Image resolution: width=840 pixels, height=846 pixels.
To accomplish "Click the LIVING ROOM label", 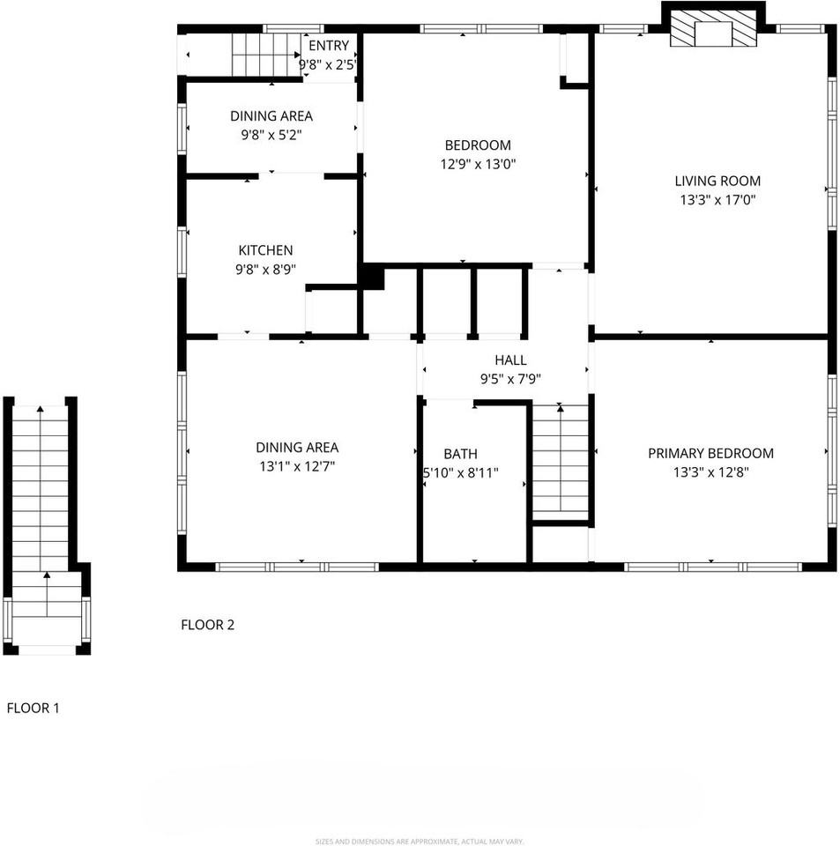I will [x=717, y=181].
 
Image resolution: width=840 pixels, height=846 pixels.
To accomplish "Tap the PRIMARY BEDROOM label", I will [x=710, y=453].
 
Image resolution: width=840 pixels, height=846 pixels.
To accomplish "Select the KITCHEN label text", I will [x=265, y=250].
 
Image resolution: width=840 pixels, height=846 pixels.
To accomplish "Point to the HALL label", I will [x=510, y=360].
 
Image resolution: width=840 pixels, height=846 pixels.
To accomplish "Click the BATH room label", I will [x=460, y=454].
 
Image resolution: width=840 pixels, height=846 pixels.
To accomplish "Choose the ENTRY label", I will [x=328, y=46].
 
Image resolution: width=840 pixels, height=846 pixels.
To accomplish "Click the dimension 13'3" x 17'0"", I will [x=717, y=200].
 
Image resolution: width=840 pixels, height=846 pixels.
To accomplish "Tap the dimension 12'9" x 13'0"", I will [x=478, y=164].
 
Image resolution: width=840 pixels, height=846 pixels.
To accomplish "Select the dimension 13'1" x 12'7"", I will [x=296, y=466].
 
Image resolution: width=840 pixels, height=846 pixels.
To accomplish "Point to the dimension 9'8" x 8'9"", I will [x=265, y=270].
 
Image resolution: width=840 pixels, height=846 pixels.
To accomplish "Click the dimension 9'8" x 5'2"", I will [x=271, y=135].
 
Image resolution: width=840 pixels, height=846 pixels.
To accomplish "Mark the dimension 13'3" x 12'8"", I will [x=710, y=472].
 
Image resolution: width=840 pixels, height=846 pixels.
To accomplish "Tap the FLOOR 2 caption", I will [x=207, y=625].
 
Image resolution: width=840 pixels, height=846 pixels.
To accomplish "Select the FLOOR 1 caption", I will [x=33, y=707].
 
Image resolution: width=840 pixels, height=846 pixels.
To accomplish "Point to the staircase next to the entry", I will [x=265, y=56].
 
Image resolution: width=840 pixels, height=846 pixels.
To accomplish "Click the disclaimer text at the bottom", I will [x=419, y=841].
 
